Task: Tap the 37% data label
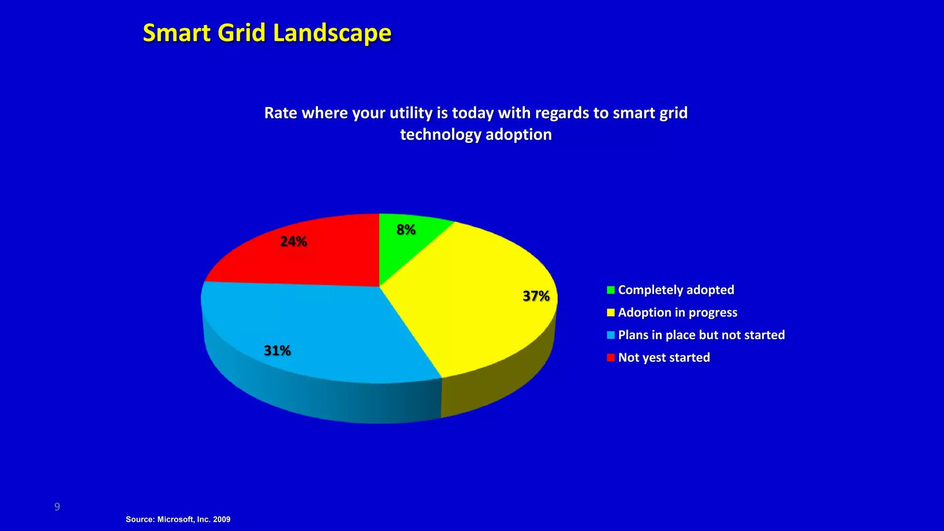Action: coord(536,296)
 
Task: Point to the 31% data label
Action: coord(277,351)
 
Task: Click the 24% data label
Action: coord(294,242)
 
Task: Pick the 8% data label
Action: coord(406,230)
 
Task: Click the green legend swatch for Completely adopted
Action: coord(611,290)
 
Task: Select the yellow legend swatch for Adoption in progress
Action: coord(611,313)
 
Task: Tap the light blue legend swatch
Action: coord(611,335)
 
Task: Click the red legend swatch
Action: coord(611,358)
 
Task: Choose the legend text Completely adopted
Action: coord(676,290)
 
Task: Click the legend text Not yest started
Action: coord(664,358)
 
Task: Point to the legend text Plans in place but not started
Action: coord(701,335)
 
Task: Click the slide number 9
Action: coord(57,507)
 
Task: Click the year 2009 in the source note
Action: coord(222,519)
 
